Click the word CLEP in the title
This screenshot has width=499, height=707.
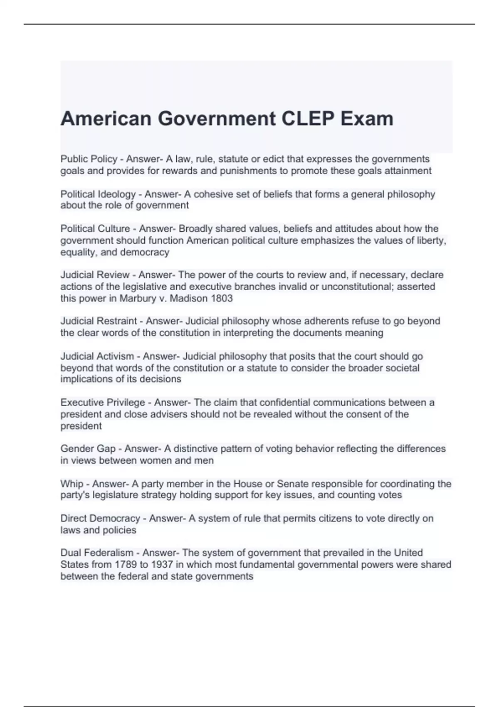tap(308, 119)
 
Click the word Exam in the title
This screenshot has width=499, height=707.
tap(367, 119)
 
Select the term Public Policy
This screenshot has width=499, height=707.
tap(89, 159)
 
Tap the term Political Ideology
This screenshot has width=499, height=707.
tap(98, 194)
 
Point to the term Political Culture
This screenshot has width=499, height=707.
tap(95, 229)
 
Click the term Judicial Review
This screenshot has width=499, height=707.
tap(95, 275)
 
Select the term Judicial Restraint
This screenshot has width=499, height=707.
tap(99, 321)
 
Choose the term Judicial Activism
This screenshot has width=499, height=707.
tap(97, 356)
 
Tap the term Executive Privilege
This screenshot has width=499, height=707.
tap(103, 403)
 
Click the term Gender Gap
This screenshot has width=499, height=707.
tap(88, 449)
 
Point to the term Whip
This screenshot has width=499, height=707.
tap(72, 484)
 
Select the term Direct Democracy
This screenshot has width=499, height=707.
tap(100, 519)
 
